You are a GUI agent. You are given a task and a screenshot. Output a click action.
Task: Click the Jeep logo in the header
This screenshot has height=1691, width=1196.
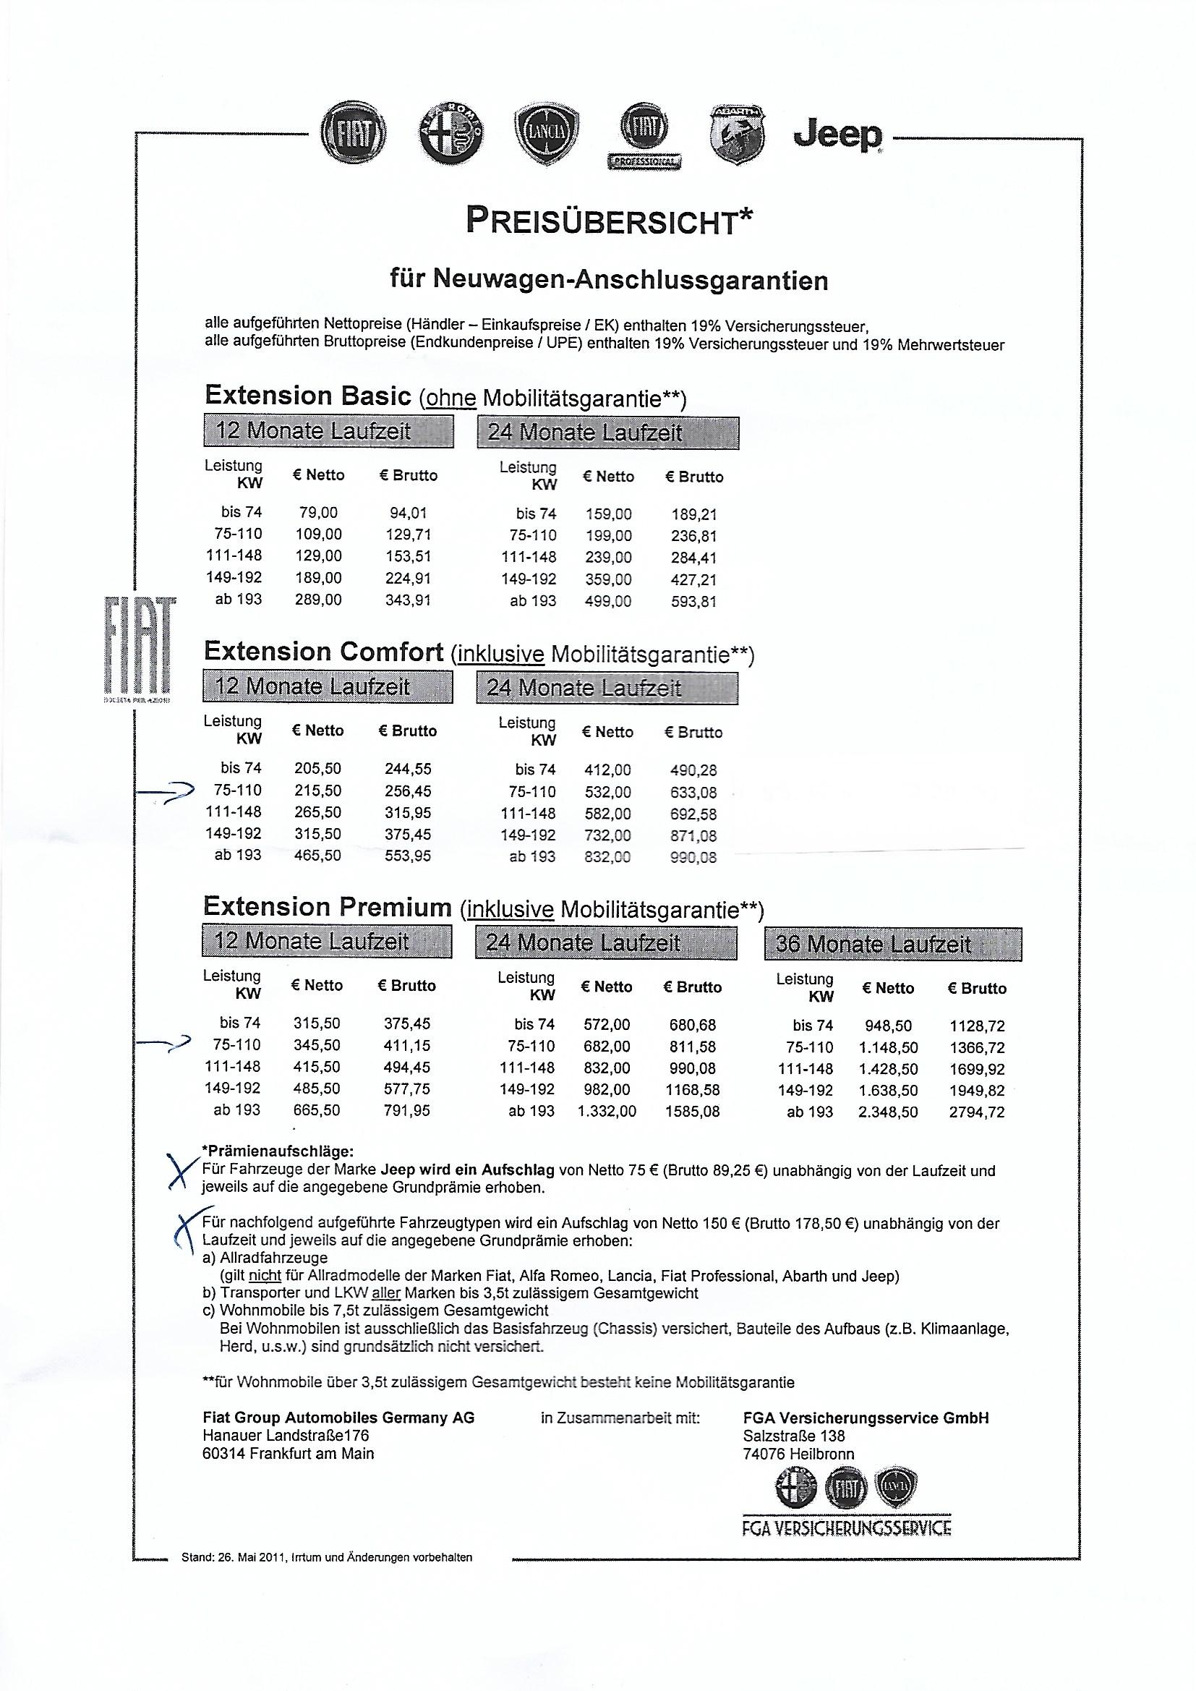tap(838, 135)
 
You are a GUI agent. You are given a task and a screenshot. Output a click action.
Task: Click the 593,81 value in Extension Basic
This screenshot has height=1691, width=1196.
tap(693, 602)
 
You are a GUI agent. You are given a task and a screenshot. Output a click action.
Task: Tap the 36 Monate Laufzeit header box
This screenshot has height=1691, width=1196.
tap(892, 945)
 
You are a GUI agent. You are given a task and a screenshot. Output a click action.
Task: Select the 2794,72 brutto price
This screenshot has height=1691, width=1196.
tap(976, 1112)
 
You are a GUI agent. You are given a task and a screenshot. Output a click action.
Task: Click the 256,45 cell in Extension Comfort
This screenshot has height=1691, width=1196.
tap(408, 791)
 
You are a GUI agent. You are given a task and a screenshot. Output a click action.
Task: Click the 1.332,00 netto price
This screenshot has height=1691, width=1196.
tap(607, 1112)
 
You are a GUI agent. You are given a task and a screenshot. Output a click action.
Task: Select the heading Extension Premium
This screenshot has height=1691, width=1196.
tap(327, 907)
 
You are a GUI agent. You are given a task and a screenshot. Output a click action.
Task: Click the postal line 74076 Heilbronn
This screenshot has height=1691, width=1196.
tap(798, 1454)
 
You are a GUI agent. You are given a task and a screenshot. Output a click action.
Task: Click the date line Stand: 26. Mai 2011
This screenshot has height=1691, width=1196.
tap(326, 1557)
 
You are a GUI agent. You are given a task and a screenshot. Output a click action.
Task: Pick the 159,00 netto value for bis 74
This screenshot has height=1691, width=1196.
tap(608, 515)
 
